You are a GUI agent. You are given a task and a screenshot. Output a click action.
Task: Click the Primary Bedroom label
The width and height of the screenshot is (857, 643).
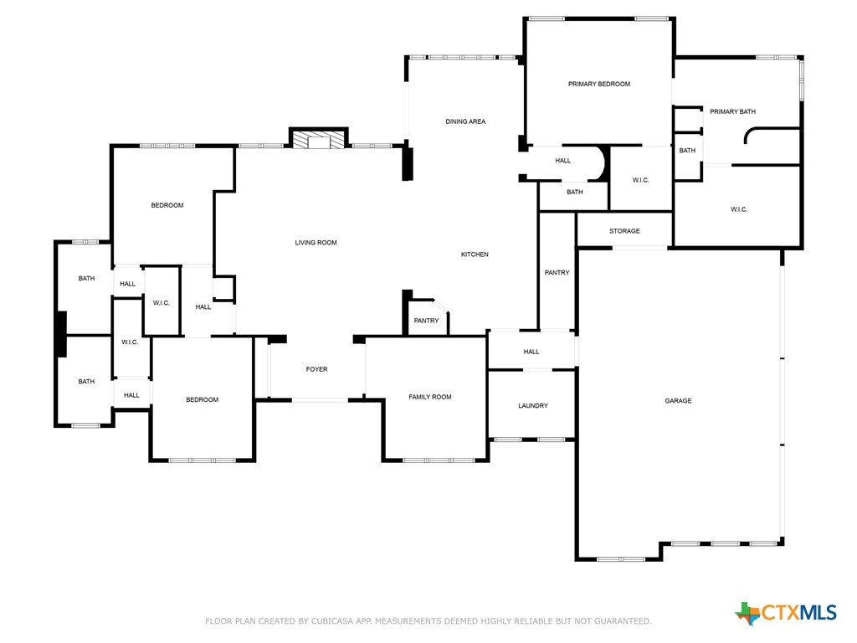(x=599, y=84)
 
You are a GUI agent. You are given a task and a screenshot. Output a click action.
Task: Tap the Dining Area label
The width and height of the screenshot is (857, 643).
(x=465, y=121)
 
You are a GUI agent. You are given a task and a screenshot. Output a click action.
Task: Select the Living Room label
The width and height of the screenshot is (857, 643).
(x=316, y=242)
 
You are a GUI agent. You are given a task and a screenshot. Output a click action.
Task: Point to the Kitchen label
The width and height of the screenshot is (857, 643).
(x=475, y=255)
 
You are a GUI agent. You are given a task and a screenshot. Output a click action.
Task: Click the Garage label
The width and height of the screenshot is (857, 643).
(x=678, y=401)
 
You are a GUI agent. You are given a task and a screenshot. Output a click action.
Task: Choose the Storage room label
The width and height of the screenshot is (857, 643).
(x=624, y=231)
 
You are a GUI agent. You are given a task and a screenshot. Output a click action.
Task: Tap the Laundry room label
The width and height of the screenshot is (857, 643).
(x=533, y=406)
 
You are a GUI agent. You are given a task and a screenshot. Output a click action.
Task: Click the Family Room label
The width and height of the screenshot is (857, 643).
(x=430, y=397)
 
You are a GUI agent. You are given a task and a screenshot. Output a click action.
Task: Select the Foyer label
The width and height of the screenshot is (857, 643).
(x=316, y=369)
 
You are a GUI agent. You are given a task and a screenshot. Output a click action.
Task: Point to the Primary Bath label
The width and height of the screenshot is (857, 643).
(x=732, y=111)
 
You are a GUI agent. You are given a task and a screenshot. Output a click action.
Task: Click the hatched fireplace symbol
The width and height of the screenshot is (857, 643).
(x=319, y=139)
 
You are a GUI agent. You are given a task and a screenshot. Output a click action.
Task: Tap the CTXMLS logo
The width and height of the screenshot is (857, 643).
(x=786, y=613)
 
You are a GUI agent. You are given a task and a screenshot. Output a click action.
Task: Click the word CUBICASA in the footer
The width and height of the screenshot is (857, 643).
(x=333, y=621)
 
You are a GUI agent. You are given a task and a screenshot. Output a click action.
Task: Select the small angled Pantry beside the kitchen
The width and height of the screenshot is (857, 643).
(x=426, y=321)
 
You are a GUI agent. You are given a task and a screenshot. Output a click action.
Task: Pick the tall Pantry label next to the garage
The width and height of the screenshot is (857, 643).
(x=557, y=272)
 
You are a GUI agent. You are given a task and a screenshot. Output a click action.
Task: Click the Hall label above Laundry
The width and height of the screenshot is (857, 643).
(x=531, y=352)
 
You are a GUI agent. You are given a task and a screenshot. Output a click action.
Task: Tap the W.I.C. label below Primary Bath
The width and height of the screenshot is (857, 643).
(x=739, y=209)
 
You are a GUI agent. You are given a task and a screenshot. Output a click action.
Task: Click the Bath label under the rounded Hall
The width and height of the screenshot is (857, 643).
(x=574, y=192)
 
